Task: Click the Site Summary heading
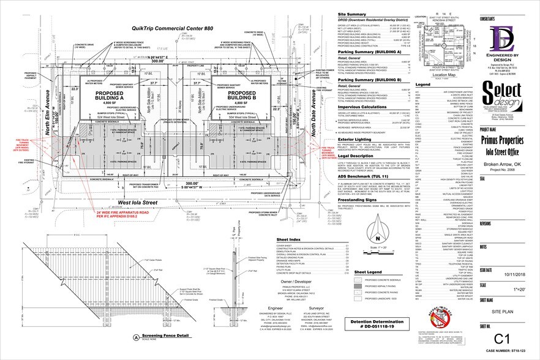(x=331, y=12)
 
